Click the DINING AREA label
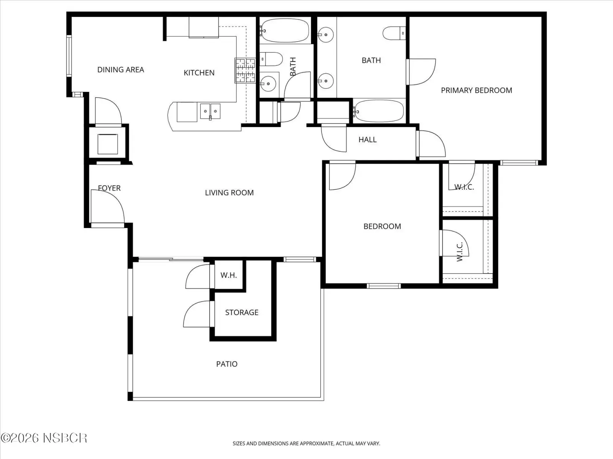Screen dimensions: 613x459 point(121,70)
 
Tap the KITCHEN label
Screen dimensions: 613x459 point(199,73)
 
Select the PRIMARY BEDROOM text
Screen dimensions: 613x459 point(477,90)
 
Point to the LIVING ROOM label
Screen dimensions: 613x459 point(229,192)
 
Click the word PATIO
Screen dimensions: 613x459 point(227,364)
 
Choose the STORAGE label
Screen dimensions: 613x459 point(242,313)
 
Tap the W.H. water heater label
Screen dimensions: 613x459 point(228,275)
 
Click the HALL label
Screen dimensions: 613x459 point(367,140)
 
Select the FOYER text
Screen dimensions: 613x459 point(109,188)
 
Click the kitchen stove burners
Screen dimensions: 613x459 point(245,70)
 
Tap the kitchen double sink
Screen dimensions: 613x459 point(210,111)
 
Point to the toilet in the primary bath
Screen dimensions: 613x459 point(394,33)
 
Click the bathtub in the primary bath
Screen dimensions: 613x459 point(378,111)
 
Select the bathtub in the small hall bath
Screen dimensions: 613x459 point(285,31)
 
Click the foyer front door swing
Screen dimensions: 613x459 point(108,207)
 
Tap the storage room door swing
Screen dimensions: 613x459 point(197,314)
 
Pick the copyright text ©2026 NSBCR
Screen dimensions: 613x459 point(44,438)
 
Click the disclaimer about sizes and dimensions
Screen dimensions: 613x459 point(306,443)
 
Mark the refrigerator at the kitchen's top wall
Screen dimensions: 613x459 point(203,27)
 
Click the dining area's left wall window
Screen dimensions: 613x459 point(69,55)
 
